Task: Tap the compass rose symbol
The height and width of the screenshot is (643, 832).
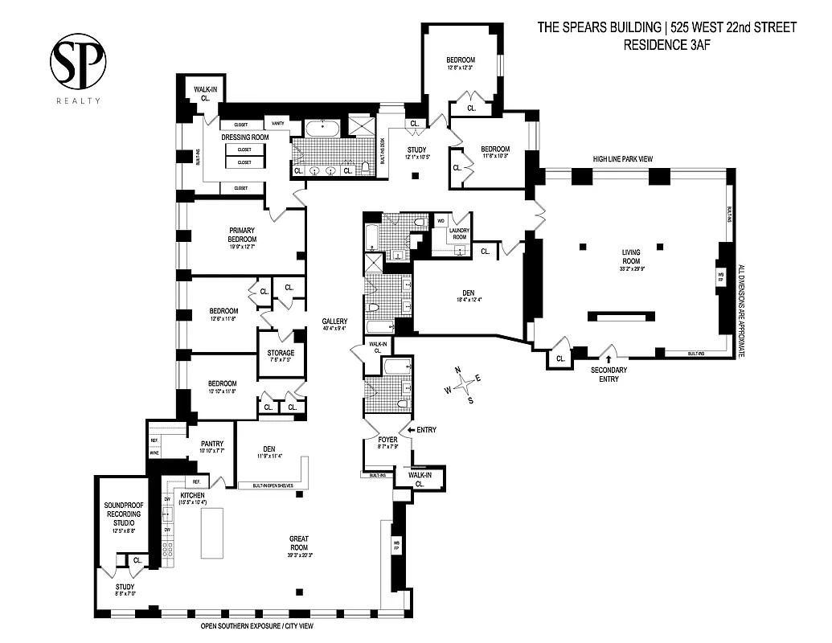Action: [463, 385]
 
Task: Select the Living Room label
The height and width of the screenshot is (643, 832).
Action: [631, 256]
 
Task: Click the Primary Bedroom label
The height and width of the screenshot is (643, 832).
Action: [242, 235]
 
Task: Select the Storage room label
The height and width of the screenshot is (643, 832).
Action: [281, 354]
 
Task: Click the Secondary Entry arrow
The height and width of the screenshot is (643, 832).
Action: [609, 359]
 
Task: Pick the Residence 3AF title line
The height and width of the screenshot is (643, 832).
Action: [666, 45]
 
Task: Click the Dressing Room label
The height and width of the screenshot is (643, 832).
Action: [246, 137]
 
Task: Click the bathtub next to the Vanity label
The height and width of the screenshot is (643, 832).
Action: [322, 127]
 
